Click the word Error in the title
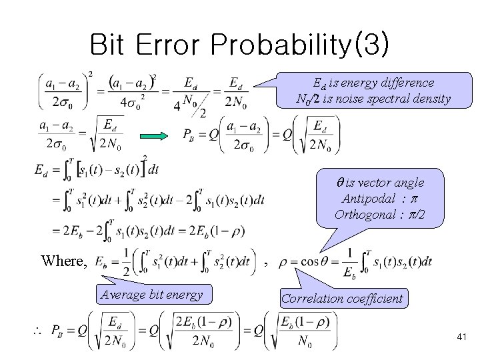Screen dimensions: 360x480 (x=171, y=45)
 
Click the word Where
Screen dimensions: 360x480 (x=63, y=261)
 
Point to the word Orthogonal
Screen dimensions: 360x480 (x=367, y=215)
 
